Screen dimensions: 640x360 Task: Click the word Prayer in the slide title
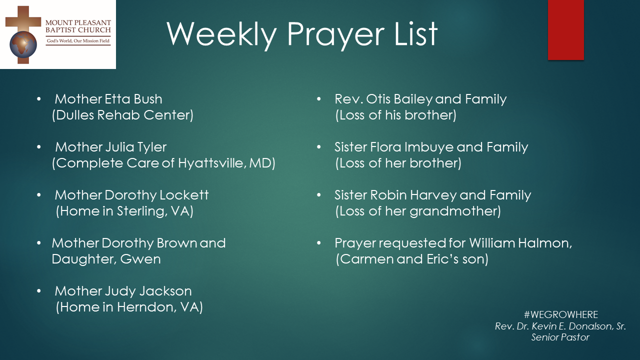click(x=335, y=35)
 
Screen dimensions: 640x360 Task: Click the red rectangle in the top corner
click(x=565, y=29)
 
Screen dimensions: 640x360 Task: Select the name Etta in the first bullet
click(x=117, y=99)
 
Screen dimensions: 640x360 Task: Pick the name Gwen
click(x=140, y=259)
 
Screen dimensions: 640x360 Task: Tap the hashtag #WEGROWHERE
click(x=561, y=314)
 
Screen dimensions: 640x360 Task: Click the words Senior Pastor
click(x=560, y=337)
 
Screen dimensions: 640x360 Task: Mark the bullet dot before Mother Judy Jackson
click(x=39, y=291)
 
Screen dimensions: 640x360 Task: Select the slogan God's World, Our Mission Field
click(x=78, y=41)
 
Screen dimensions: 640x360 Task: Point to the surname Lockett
click(x=184, y=195)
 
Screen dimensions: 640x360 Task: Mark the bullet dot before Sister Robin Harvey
click(x=319, y=195)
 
